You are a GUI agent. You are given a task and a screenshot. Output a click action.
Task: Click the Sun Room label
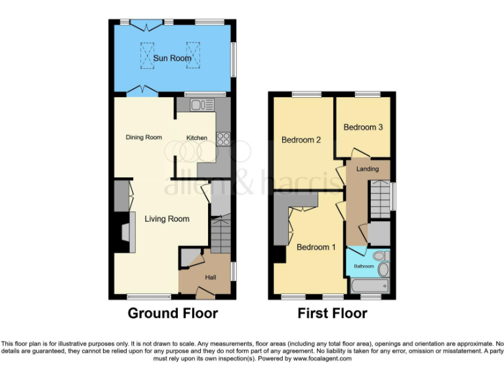point(173,58)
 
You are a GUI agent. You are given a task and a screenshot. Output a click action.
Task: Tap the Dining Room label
point(144,137)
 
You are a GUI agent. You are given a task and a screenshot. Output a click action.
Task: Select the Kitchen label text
point(196,138)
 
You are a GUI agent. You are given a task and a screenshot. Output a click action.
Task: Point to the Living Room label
point(167,219)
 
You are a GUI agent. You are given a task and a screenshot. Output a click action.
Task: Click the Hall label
point(210,278)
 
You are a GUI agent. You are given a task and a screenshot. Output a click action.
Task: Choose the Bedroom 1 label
point(316,247)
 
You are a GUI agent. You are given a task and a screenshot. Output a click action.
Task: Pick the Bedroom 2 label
point(301,140)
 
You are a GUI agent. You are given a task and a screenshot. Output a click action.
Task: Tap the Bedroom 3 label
point(363,127)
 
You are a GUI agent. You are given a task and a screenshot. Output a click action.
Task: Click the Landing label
point(367,169)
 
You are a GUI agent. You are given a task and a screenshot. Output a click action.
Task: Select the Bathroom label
point(364,266)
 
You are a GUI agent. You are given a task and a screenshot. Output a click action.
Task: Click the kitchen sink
point(199,105)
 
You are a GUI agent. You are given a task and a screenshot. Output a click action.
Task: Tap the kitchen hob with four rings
point(222,138)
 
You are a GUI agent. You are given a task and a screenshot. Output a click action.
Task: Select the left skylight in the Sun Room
point(145,54)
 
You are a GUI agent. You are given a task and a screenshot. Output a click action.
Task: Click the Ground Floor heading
point(173,313)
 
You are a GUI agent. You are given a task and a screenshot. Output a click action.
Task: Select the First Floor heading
point(332,313)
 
